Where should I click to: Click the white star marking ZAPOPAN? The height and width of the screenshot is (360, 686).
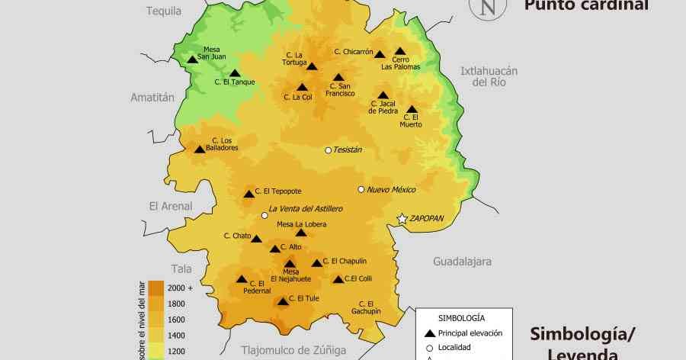(x=402, y=219)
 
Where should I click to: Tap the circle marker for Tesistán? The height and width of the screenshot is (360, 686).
(x=329, y=150)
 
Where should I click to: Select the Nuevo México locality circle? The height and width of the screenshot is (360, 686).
(x=361, y=189)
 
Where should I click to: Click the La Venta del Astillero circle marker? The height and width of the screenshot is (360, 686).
(x=264, y=216)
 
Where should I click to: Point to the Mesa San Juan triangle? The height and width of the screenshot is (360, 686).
(x=192, y=59)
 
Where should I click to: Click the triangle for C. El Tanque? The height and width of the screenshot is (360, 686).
(x=235, y=73)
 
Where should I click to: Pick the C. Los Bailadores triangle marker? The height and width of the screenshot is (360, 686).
(x=200, y=149)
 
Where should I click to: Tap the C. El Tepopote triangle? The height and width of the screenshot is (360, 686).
(x=248, y=194)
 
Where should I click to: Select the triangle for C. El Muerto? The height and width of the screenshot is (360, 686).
(x=412, y=110)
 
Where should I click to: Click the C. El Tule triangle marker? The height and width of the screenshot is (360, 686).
(x=283, y=302)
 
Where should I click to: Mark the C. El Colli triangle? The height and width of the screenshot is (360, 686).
(x=338, y=279)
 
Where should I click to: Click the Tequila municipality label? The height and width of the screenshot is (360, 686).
(x=164, y=11)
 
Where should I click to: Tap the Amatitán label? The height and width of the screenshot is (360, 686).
(x=152, y=98)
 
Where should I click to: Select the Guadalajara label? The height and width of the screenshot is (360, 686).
(x=462, y=262)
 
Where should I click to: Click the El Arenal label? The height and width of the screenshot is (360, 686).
(x=171, y=206)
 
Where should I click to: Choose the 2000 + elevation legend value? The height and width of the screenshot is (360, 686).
(x=181, y=288)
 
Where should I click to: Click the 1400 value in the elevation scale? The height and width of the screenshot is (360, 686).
(x=176, y=336)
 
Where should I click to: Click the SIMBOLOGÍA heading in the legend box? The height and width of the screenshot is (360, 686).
(x=462, y=317)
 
